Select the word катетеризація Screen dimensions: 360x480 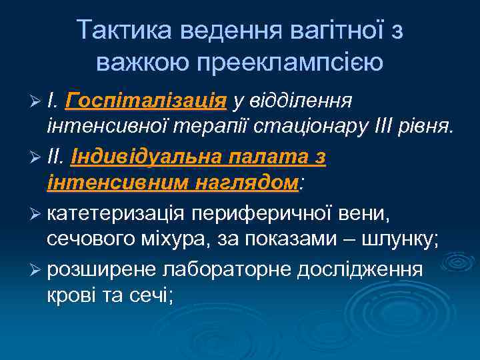tap(116, 215)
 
